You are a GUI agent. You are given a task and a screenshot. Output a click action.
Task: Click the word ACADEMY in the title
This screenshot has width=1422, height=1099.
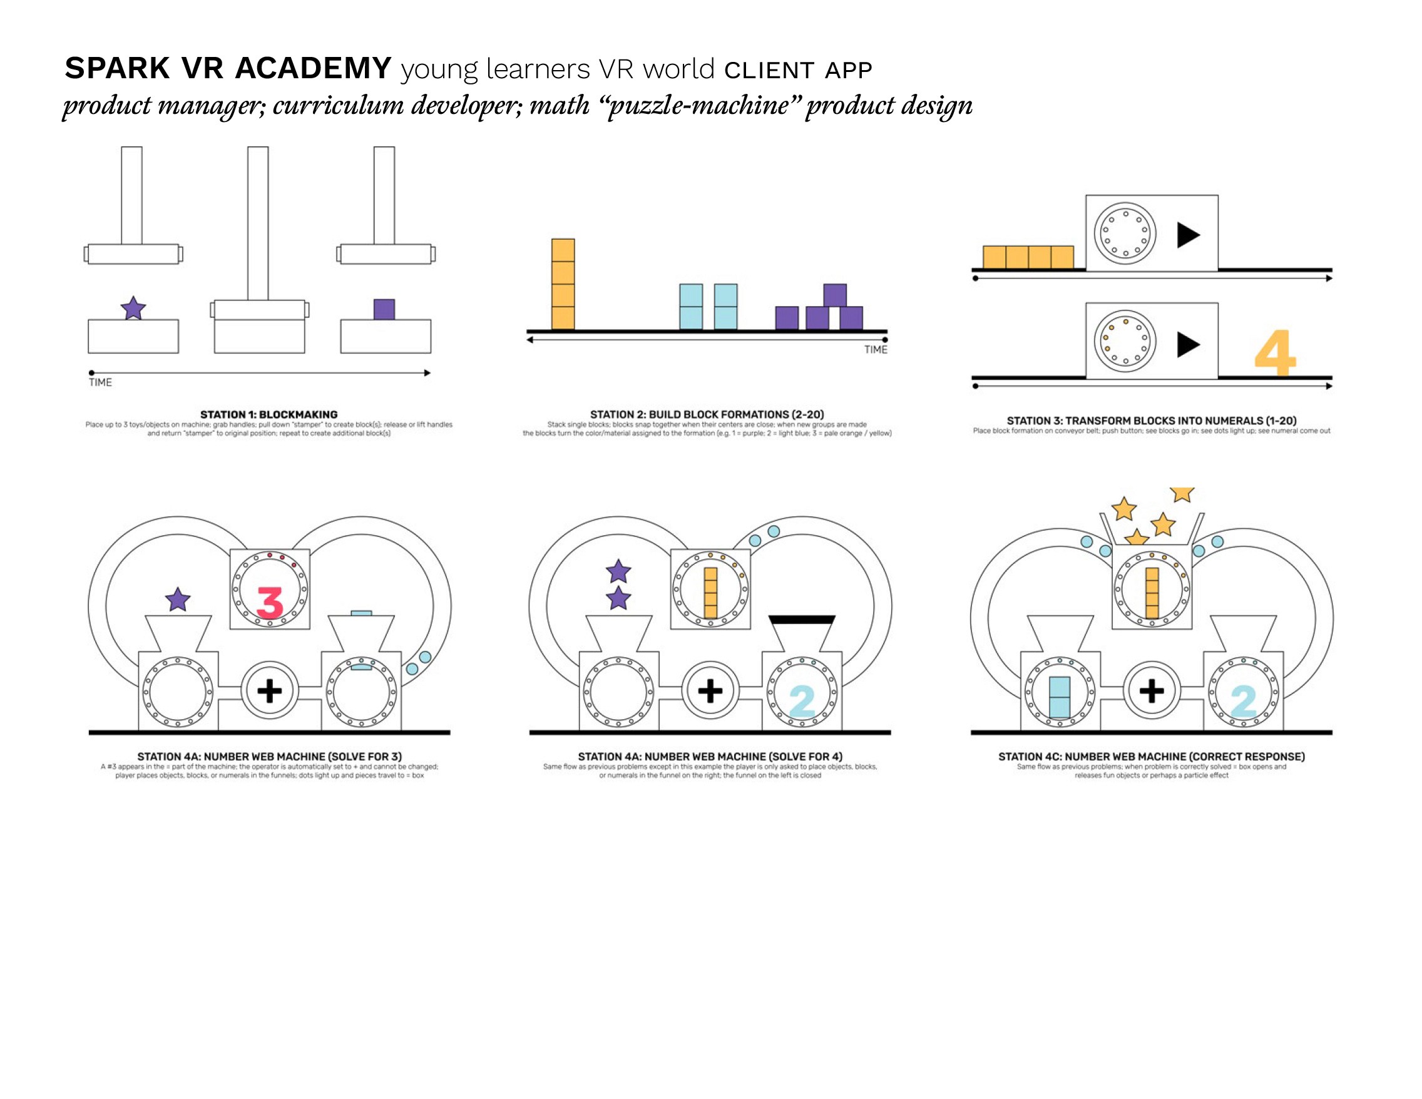(x=312, y=68)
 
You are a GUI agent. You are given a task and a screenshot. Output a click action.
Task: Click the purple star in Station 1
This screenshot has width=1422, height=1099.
(x=133, y=308)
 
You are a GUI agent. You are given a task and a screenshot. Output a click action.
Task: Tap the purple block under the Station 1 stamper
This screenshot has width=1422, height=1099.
(x=384, y=309)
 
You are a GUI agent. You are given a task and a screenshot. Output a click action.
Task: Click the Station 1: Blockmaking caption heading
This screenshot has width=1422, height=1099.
(x=269, y=414)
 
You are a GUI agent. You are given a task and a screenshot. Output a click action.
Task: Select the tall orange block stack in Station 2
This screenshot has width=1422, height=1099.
(x=563, y=285)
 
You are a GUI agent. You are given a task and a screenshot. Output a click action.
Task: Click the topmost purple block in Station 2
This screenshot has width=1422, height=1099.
(x=835, y=295)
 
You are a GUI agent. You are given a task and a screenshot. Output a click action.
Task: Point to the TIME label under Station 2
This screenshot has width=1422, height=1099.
(x=876, y=350)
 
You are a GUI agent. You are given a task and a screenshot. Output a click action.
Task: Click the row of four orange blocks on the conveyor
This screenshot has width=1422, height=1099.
(x=1028, y=257)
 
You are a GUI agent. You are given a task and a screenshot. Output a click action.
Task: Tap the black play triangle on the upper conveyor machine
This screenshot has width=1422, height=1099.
(x=1189, y=235)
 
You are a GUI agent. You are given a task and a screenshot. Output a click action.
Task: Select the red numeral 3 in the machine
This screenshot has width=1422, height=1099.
(x=270, y=602)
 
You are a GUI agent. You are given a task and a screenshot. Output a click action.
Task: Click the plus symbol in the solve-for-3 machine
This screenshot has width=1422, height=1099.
(x=270, y=690)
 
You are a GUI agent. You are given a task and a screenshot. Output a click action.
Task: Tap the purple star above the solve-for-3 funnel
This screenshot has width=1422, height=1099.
(x=178, y=600)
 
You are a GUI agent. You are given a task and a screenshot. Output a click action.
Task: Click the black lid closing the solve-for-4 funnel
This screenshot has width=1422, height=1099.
(x=802, y=619)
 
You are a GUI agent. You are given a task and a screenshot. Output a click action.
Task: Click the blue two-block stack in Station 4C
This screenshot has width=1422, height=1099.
(x=1060, y=697)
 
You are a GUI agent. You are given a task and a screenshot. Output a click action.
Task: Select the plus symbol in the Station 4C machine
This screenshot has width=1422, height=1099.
(x=1151, y=690)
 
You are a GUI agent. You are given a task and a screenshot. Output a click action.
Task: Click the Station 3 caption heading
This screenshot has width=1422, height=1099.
(x=1151, y=421)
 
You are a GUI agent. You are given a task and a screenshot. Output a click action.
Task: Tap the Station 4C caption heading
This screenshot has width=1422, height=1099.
(x=1151, y=757)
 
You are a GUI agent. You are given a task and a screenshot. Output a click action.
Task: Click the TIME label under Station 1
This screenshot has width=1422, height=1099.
(x=100, y=382)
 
